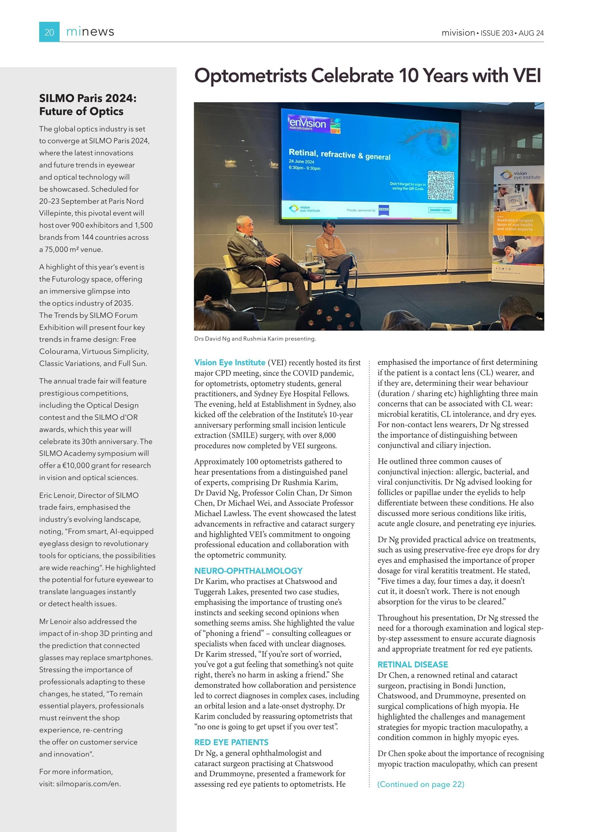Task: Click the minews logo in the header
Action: coord(90,32)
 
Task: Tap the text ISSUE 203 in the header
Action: coord(497,33)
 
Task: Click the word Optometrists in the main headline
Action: coord(251,76)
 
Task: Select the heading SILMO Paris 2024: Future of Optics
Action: coord(88,105)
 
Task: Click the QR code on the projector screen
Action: coord(441,185)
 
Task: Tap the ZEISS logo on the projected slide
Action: coord(384,210)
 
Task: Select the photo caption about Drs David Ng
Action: coord(255,339)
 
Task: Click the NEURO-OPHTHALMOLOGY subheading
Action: coord(248,571)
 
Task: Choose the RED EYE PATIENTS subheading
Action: coord(231,742)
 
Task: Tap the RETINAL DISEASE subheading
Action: coord(413,664)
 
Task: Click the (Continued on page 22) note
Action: coord(421,784)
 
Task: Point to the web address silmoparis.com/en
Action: coord(88,783)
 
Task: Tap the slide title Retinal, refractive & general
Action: coord(339,155)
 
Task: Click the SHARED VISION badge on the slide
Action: coord(440,210)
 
